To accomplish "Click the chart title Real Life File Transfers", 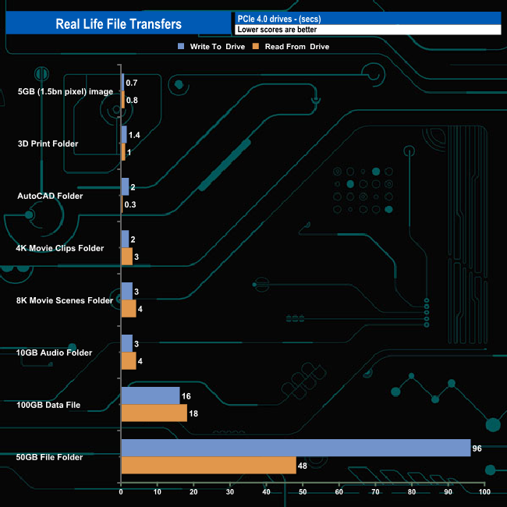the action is tap(119, 24).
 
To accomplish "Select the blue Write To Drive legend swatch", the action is tap(181, 46).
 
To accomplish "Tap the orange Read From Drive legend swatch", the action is tap(256, 46).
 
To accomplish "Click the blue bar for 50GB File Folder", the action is tap(296, 448).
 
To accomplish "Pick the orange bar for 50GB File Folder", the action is tap(209, 466).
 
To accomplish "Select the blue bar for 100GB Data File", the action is tap(151, 395).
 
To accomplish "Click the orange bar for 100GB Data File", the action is tap(154, 413).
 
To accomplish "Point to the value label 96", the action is tap(477, 448).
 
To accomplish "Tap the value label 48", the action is tap(303, 466).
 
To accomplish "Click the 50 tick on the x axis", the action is tap(303, 492).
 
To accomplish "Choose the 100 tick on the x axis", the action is tap(484, 492).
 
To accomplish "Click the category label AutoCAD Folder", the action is tap(50, 196).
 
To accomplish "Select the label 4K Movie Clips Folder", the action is tap(60, 248).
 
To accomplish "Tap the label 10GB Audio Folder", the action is tap(54, 353).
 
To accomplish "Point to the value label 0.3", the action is tap(130, 204).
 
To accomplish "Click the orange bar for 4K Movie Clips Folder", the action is tap(127, 257).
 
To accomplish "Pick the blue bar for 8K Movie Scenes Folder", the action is tap(127, 292).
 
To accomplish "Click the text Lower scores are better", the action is tap(277, 30).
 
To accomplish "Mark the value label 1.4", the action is tap(134, 135).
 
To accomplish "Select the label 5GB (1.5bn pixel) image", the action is tap(66, 92).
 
